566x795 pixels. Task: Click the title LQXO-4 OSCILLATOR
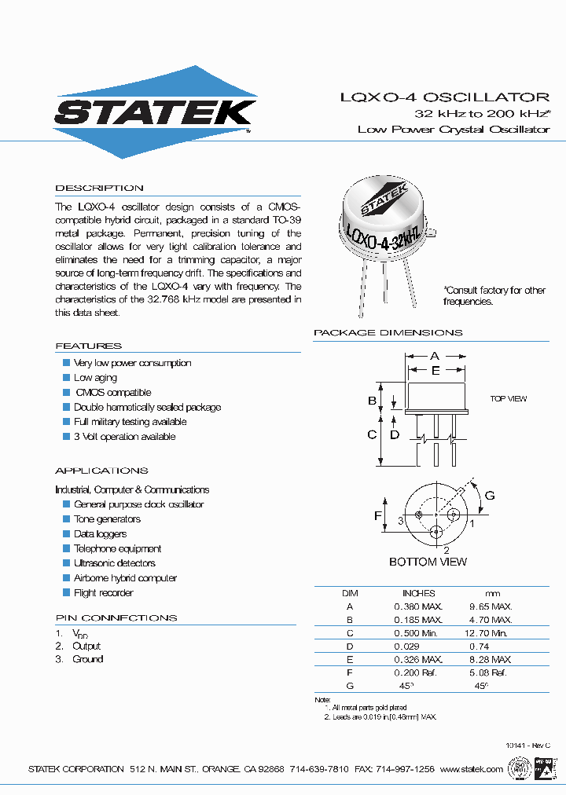[x=444, y=97]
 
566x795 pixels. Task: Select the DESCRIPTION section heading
[x=99, y=189]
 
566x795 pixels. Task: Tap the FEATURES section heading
[x=88, y=346]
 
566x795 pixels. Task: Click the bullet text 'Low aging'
[x=95, y=378]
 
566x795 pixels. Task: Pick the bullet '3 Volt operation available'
[x=124, y=437]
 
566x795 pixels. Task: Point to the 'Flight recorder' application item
[x=103, y=593]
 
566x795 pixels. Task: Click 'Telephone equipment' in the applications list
[x=117, y=549]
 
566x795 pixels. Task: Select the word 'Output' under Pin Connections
[x=86, y=647]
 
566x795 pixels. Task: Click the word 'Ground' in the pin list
[x=87, y=659]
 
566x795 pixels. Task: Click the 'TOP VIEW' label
[x=509, y=399]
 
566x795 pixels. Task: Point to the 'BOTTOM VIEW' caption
[x=428, y=562]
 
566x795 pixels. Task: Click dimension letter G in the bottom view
[x=489, y=495]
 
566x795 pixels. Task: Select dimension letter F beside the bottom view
[x=378, y=515]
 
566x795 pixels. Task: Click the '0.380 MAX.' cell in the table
[x=418, y=606]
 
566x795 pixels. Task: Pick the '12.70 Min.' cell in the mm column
[x=487, y=632]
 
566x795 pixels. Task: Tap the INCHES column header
[x=418, y=593]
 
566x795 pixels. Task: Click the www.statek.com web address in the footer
[x=471, y=769]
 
